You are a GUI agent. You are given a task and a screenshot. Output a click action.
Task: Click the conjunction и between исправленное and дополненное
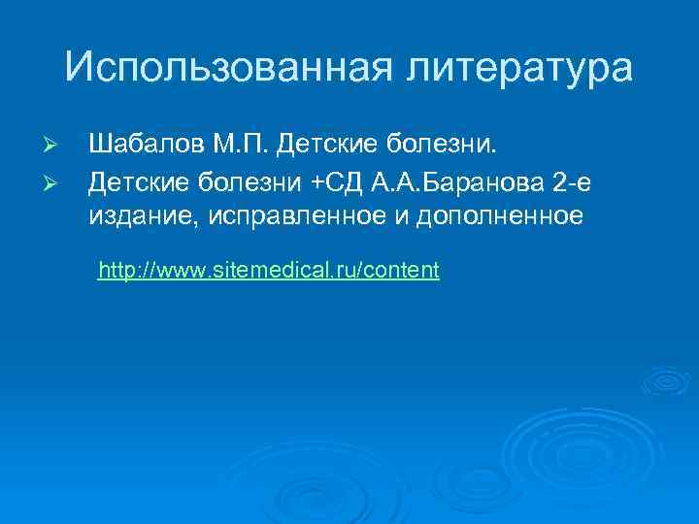coord(400,215)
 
